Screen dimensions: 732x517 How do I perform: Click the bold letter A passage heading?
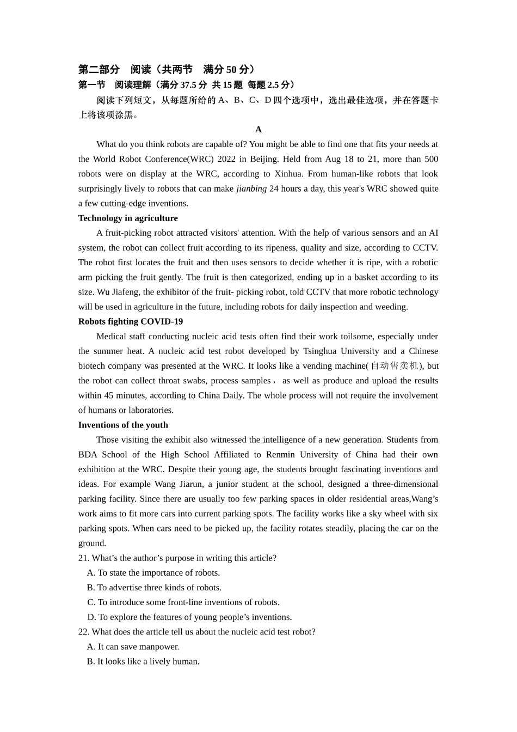tap(258, 130)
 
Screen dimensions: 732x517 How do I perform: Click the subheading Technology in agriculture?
tap(128, 218)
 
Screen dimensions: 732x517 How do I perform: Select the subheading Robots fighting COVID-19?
tap(131, 321)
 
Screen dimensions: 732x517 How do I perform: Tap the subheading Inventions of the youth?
tap(123, 425)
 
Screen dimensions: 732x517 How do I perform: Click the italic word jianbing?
tap(251, 188)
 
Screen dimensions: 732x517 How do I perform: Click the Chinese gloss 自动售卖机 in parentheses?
tap(395, 366)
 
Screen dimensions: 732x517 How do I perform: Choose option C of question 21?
tap(183, 602)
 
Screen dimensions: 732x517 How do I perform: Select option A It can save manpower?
tap(133, 646)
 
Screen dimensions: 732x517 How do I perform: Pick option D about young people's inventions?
tap(189, 617)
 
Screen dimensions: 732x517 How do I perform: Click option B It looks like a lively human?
tap(143, 661)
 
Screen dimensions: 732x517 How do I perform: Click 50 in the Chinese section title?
tap(231, 70)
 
